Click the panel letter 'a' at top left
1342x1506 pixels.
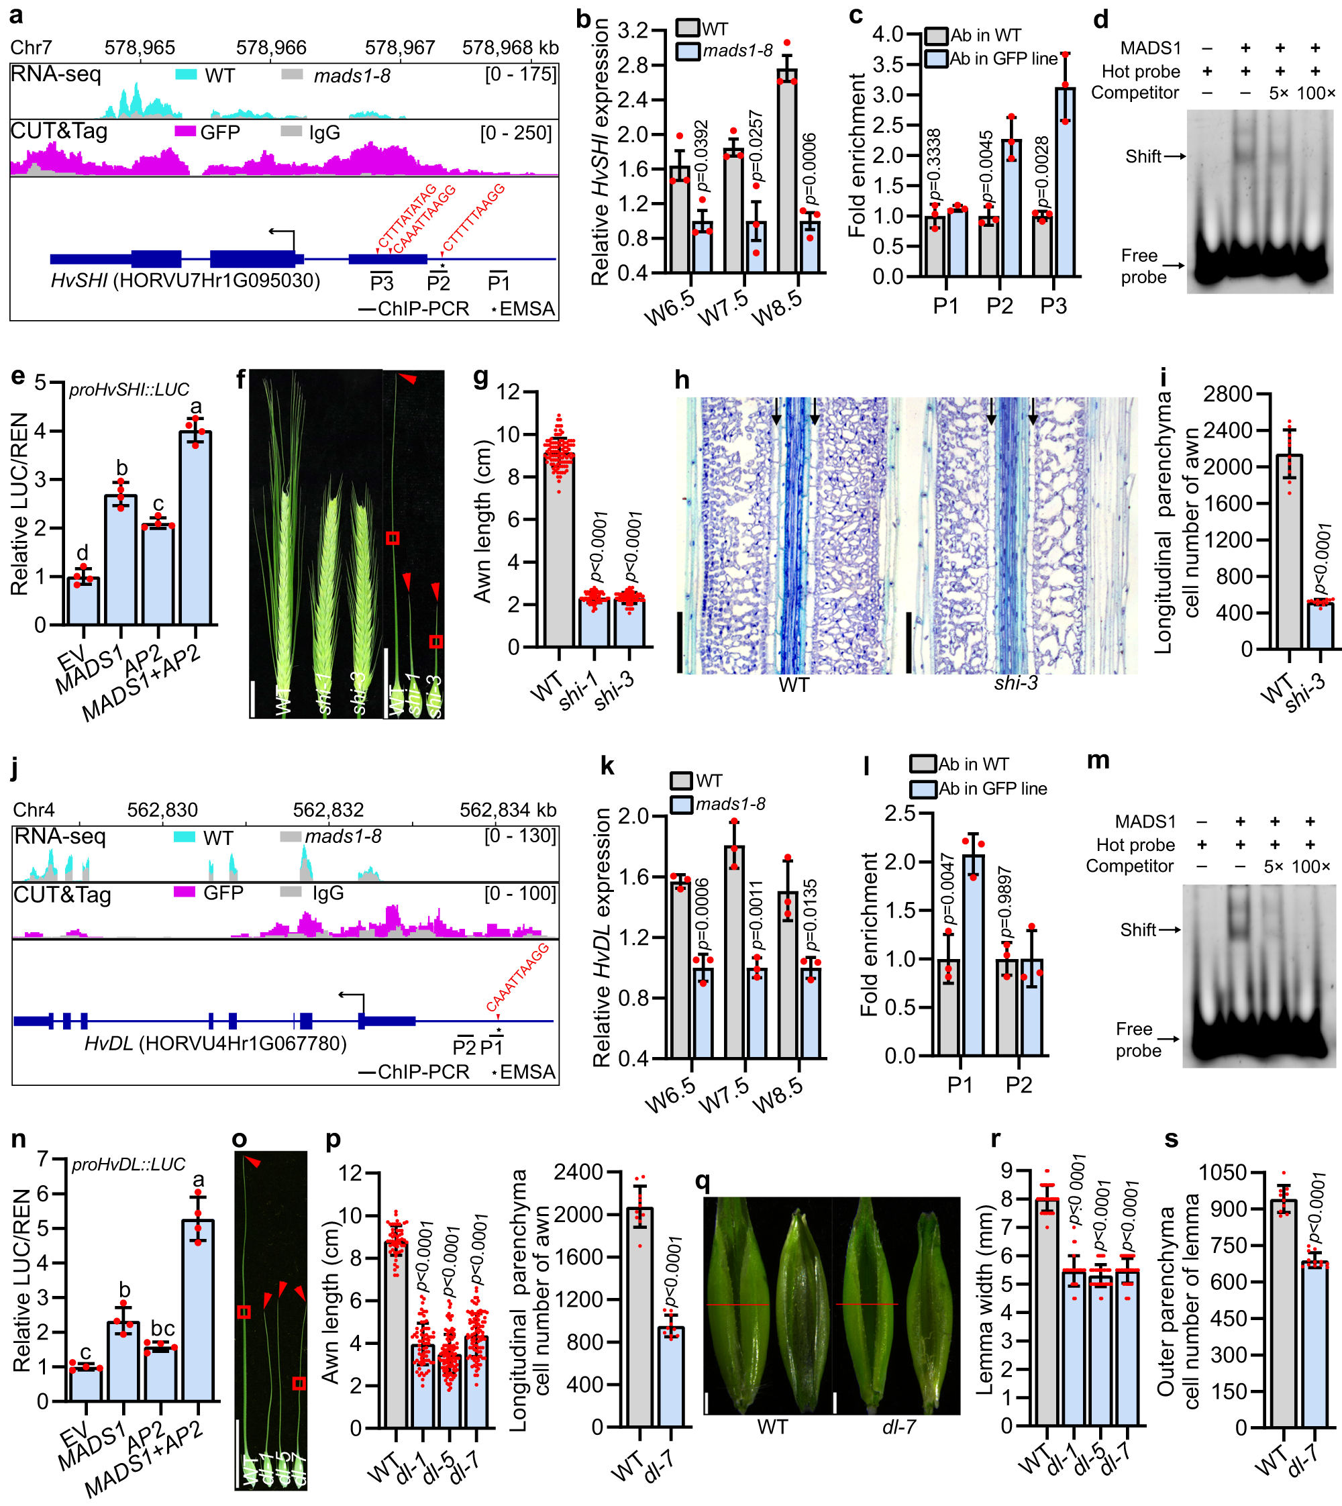[16, 14]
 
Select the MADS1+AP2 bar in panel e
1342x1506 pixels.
[195, 528]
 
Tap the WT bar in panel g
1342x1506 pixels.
[559, 550]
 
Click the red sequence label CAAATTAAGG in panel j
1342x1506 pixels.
[517, 977]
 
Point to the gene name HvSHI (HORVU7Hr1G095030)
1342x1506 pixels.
[185, 281]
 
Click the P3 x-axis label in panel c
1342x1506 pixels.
[1053, 305]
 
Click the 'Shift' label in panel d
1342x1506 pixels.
[1143, 156]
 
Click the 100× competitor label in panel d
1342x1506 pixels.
[1315, 93]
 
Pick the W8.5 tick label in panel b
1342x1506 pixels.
[776, 307]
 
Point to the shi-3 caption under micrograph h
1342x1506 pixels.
[1015, 683]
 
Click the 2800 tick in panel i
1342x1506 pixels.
[1228, 395]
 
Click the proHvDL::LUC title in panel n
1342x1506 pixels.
[128, 1164]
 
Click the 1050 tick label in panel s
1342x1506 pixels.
[1222, 1172]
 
